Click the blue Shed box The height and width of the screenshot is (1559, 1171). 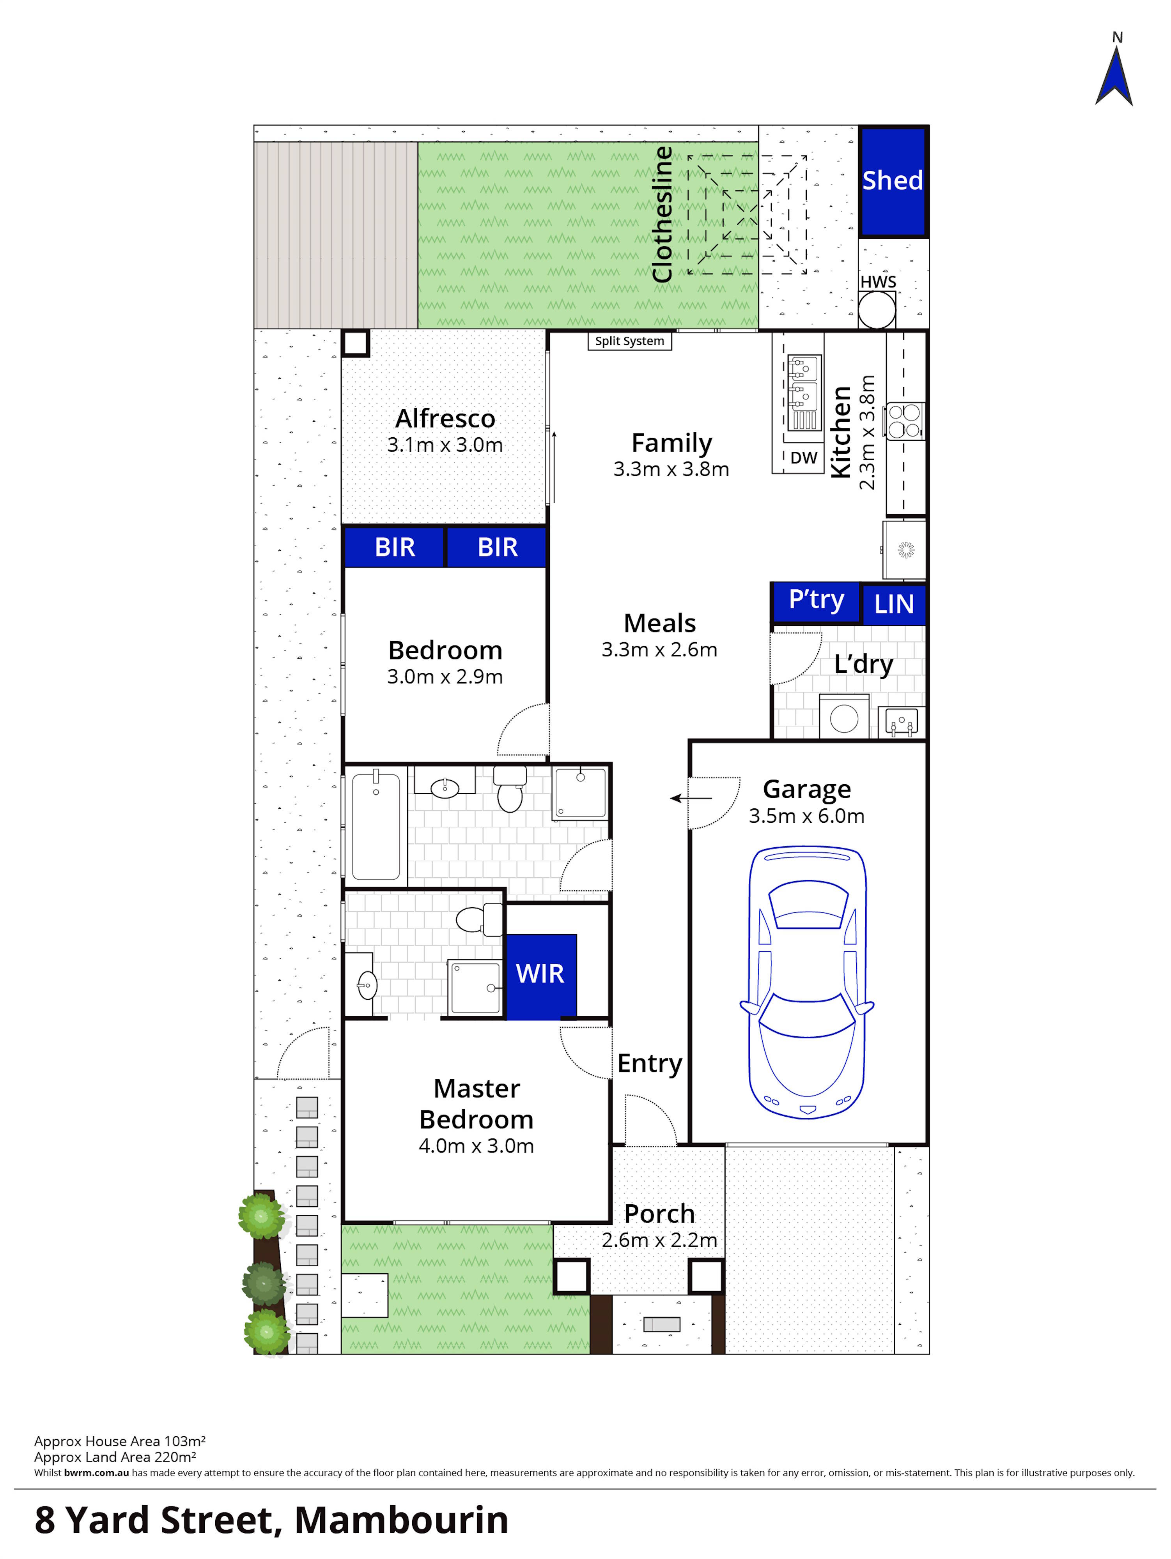(x=893, y=181)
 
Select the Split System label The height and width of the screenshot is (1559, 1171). (x=629, y=341)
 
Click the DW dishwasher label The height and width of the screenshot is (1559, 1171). (x=803, y=458)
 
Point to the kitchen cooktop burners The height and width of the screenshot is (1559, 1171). (x=905, y=421)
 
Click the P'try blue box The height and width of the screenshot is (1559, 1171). (x=816, y=601)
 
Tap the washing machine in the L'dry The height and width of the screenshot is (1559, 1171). (x=844, y=718)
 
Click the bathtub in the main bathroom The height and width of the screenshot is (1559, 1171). (x=376, y=826)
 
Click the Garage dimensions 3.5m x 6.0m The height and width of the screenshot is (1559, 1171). (x=806, y=816)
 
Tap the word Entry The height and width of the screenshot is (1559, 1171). (x=649, y=1064)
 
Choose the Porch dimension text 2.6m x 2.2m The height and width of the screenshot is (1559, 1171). (x=659, y=1241)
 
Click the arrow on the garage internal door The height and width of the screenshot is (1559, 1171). (x=691, y=799)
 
